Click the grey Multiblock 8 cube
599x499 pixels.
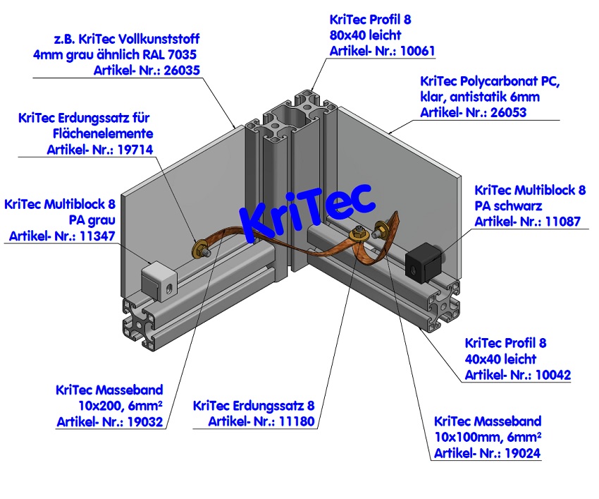click(x=157, y=279)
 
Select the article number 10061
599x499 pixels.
click(x=415, y=50)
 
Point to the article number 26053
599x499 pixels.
click(x=505, y=112)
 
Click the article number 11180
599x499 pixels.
click(x=295, y=421)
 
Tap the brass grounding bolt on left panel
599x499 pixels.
click(x=202, y=248)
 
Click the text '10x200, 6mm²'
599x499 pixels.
click(x=121, y=406)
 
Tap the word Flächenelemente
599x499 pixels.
click(x=103, y=133)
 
